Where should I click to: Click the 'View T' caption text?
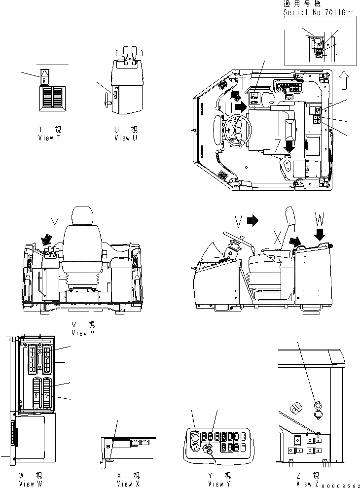49,139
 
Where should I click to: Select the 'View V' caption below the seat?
82,333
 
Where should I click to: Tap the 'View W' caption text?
30,484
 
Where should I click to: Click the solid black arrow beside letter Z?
289,146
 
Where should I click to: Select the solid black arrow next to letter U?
241,105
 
